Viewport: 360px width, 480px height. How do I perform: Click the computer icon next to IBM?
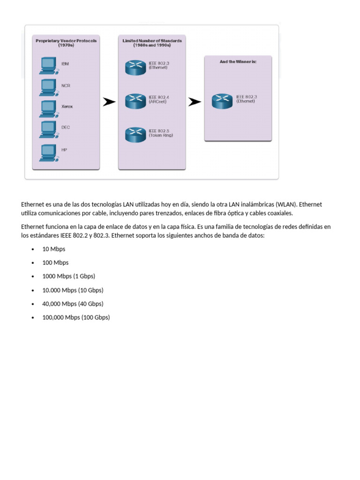pyautogui.click(x=48, y=65)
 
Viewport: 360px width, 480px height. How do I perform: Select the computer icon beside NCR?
pyautogui.click(x=48, y=86)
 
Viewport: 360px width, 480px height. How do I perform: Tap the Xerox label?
pyautogui.click(x=67, y=106)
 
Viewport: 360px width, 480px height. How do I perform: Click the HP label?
pyautogui.click(x=64, y=150)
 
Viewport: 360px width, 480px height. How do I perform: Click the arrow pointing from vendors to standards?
pyautogui.click(x=109, y=102)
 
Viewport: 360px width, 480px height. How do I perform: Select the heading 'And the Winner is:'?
pyautogui.click(x=238, y=61)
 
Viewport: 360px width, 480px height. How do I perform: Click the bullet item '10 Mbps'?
pyautogui.click(x=53, y=249)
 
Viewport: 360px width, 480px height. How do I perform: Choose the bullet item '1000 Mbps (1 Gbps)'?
pyautogui.click(x=65, y=276)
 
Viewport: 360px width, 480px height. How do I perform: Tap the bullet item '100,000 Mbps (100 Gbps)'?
pyautogui.click(x=76, y=317)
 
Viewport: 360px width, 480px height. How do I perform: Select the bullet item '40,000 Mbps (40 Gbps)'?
pyautogui.click(x=73, y=304)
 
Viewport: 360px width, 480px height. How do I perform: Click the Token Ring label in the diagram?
pyautogui.click(x=161, y=135)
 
